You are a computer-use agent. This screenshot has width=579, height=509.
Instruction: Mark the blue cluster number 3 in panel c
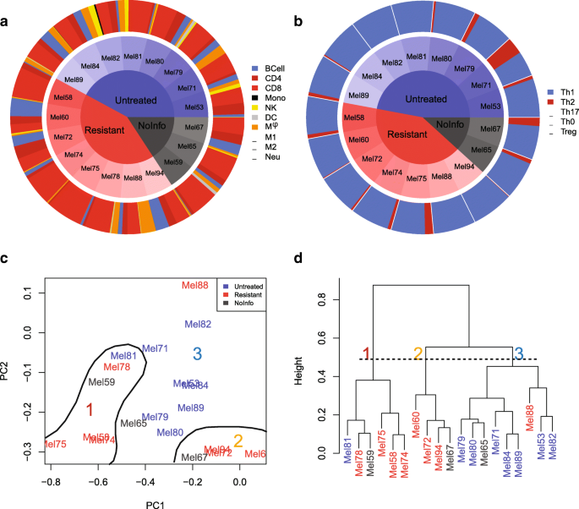tap(197, 353)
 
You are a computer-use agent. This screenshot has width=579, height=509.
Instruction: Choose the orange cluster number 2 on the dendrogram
tap(417, 353)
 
